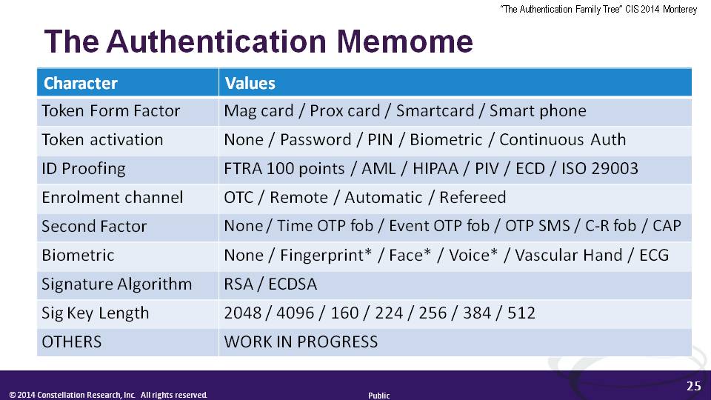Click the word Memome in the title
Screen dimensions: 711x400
pos(404,41)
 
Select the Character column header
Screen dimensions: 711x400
pos(80,83)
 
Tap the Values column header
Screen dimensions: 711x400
pos(250,83)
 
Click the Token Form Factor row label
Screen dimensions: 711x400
pos(110,110)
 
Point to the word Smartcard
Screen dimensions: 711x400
pos(435,110)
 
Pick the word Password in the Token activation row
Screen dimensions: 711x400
pos(316,139)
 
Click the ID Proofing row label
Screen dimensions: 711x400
pos(84,168)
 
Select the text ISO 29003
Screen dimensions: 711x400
pos(599,168)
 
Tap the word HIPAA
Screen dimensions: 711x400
pos(435,168)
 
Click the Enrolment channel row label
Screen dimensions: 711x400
pos(113,197)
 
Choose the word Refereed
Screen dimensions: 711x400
pos(473,197)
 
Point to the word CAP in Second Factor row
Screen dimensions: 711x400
pos(667,225)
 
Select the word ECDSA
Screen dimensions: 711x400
pos(293,284)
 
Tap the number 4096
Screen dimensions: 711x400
pos(295,313)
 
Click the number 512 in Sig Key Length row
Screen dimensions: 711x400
pos(521,313)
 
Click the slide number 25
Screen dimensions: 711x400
pos(694,386)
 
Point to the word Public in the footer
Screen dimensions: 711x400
pos(378,396)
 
